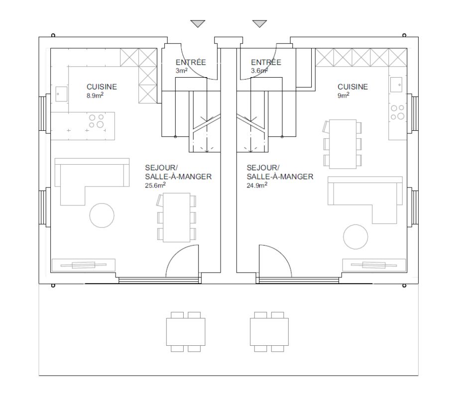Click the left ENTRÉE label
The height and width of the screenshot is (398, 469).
[191, 62]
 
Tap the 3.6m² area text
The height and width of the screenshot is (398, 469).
[259, 71]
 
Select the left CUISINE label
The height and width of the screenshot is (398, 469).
[102, 87]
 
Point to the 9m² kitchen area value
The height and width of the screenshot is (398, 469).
[344, 96]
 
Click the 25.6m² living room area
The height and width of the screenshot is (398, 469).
[155, 185]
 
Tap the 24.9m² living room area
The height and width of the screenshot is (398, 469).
[257, 185]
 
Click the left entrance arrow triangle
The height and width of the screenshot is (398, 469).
[198, 23]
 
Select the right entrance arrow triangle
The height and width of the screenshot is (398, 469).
[259, 23]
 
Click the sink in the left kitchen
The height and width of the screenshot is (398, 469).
[61, 94]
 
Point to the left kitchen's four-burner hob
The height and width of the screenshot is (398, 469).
[96, 121]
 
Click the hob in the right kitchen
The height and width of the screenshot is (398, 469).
[397, 112]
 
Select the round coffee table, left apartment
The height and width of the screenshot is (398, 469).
[102, 215]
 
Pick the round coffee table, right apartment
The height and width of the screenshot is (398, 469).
[355, 237]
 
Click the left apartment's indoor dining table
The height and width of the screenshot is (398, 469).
[176, 217]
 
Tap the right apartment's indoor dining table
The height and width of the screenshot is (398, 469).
[343, 144]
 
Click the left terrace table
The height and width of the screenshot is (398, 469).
[186, 332]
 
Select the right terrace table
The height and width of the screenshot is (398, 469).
[269, 332]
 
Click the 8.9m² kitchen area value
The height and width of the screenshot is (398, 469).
[95, 96]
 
